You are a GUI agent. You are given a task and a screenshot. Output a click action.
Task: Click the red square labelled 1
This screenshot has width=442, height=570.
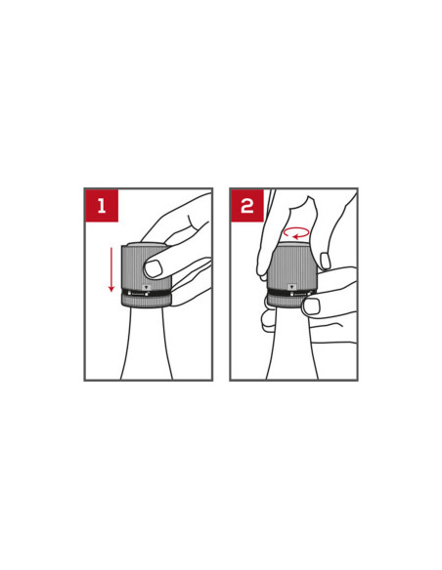click(102, 205)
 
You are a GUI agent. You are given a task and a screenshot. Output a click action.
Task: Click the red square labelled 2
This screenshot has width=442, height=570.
click(247, 205)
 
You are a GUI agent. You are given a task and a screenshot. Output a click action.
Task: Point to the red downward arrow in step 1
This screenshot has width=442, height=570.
click(111, 269)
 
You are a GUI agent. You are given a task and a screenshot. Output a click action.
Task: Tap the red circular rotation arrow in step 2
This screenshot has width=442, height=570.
click(296, 232)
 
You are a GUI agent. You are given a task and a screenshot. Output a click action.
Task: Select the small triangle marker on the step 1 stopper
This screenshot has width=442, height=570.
click(146, 287)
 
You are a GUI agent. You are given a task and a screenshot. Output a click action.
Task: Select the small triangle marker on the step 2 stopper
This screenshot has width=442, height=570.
click(290, 287)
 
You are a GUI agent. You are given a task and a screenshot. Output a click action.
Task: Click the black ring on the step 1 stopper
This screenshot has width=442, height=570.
click(146, 294)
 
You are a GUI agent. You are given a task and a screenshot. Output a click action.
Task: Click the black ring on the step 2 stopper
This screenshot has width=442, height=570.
click(290, 293)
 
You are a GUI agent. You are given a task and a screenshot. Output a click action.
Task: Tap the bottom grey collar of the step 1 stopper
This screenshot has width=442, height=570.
click(146, 302)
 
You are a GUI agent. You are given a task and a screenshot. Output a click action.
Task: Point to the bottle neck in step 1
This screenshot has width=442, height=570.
click(147, 344)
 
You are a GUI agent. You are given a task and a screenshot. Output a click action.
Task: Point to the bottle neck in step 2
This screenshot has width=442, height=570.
click(291, 344)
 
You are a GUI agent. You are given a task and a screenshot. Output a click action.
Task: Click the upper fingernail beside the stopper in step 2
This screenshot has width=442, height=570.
click(325, 261)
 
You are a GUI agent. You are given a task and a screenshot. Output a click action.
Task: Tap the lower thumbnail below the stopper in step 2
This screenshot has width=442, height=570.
click(311, 306)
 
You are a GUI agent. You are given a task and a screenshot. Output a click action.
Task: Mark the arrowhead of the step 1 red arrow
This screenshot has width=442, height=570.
click(111, 289)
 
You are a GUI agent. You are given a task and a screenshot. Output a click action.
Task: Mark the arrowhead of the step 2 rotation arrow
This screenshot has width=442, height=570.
click(295, 237)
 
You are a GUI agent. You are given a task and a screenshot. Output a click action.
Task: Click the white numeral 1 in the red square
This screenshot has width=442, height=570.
click(102, 206)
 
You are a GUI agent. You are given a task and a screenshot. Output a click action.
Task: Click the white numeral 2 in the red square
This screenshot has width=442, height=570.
click(247, 206)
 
